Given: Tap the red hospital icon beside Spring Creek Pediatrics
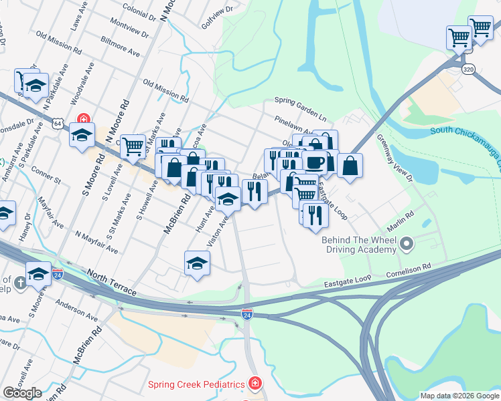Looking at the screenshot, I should coord(255,384).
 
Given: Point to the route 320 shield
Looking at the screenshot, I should coord(468,68).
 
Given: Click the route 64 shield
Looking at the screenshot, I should coord(59,124).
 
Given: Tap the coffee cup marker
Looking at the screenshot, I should coord(314,162).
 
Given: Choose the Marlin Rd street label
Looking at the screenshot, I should coord(401,220).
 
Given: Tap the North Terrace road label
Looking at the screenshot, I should coord(111,283).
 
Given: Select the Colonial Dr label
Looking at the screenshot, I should coord(139,10).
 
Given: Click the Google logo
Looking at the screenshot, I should coord(22,392).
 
